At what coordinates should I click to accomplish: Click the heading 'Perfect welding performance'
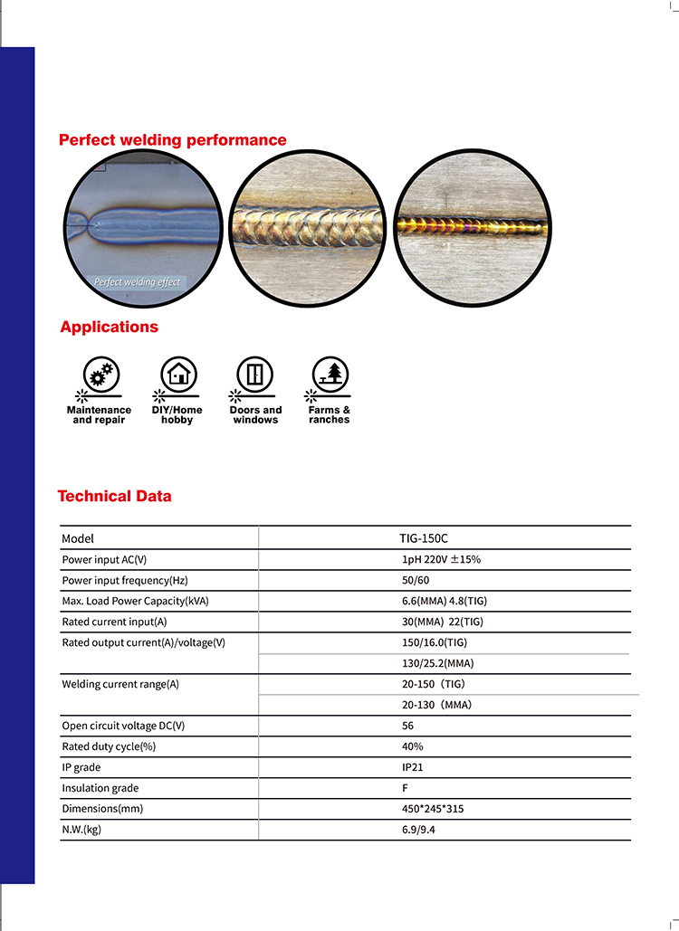point(172,140)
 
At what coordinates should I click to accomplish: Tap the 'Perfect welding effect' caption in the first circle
point(137,282)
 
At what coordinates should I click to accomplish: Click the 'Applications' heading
point(109,328)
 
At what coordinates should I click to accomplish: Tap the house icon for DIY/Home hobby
point(177,374)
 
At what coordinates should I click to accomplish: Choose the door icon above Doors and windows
point(255,374)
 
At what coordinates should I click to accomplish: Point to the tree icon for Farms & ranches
point(330,374)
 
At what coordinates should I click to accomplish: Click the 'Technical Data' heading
point(114,496)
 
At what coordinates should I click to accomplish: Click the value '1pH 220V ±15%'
point(441,560)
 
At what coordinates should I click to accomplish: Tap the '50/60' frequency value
point(416,581)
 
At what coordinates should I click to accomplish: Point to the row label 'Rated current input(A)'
point(114,622)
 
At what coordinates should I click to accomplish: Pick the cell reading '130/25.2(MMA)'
point(437,663)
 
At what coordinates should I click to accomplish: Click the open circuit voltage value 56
point(408,726)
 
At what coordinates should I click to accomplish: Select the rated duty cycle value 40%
point(412,746)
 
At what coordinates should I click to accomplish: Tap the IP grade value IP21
point(412,767)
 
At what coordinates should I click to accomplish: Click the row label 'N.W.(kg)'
point(81,830)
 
